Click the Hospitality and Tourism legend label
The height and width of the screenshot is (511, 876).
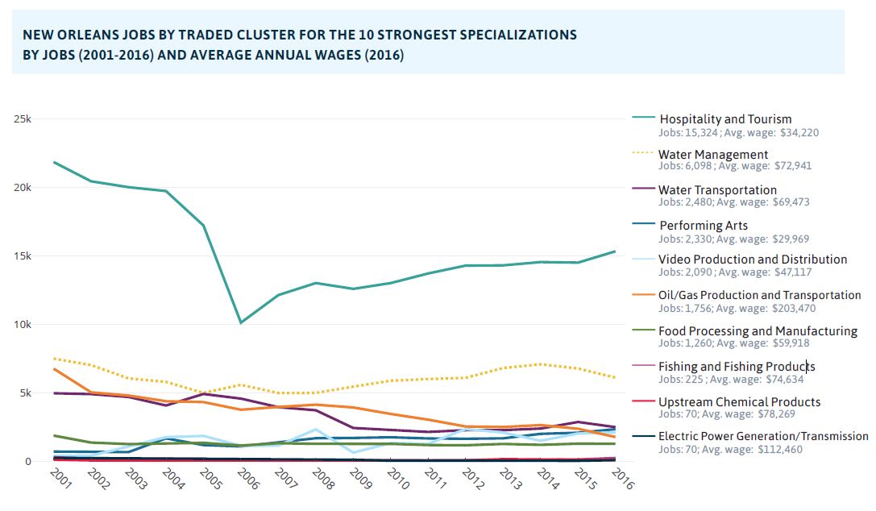pyautogui.click(x=725, y=119)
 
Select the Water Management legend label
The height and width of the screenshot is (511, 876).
pyautogui.click(x=713, y=154)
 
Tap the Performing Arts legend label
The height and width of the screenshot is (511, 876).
pyautogui.click(x=704, y=226)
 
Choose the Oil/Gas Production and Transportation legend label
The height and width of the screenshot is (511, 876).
pyautogui.click(x=759, y=295)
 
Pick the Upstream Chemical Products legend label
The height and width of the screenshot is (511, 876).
pyautogui.click(x=739, y=401)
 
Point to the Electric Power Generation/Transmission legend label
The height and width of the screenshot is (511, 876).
pyautogui.click(x=763, y=436)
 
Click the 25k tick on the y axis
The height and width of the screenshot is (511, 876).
pyautogui.click(x=22, y=118)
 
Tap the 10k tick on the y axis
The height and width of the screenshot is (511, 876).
pyautogui.click(x=22, y=325)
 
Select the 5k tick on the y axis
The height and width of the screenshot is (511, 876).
pyautogui.click(x=25, y=393)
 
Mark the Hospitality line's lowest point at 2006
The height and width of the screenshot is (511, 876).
pyautogui.click(x=239, y=323)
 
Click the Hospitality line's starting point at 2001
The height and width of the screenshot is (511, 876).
pyautogui.click(x=54, y=162)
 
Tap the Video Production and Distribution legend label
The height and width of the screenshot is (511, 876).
pyautogui.click(x=753, y=260)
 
